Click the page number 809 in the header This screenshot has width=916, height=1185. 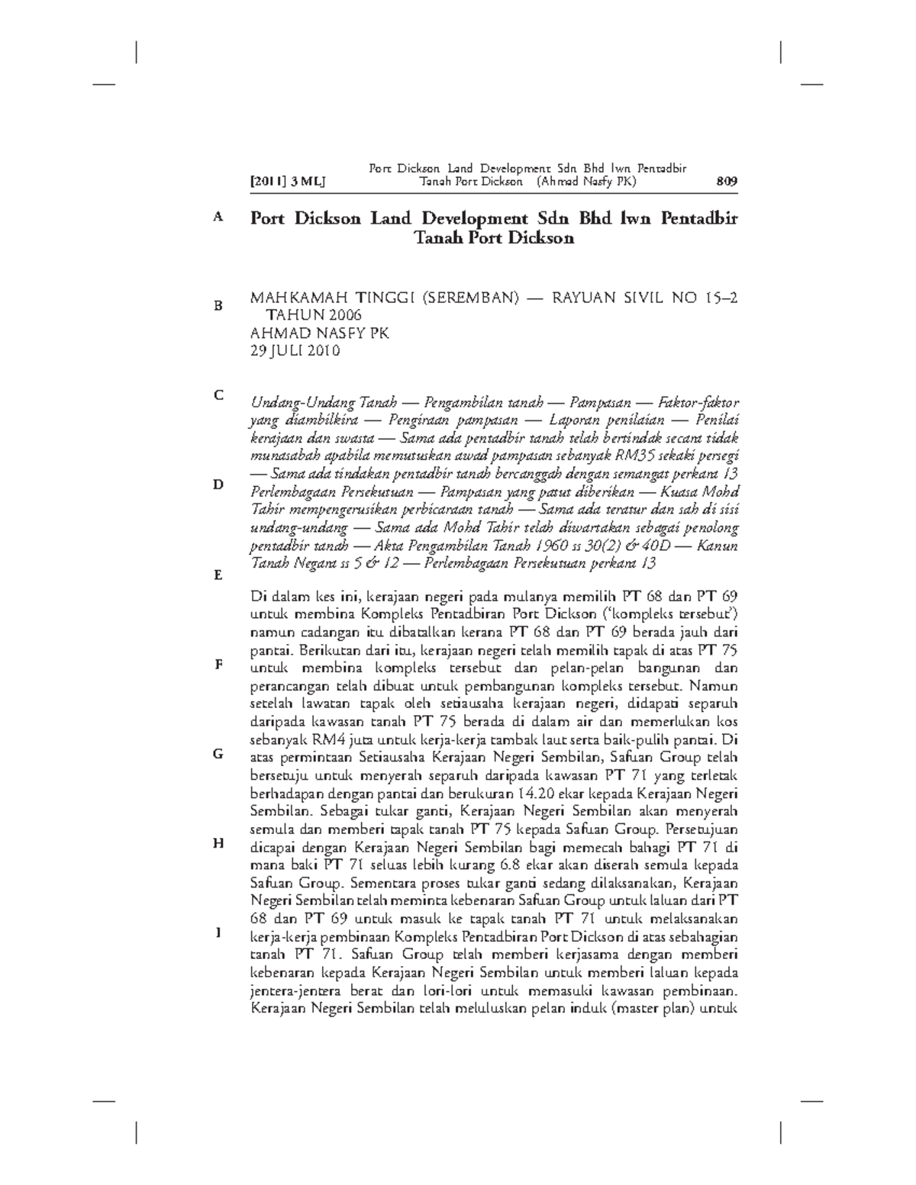coord(726,182)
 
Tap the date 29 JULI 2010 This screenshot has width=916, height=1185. coord(295,351)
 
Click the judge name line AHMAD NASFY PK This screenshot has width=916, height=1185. coord(320,333)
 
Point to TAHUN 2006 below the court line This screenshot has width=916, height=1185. coord(313,316)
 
